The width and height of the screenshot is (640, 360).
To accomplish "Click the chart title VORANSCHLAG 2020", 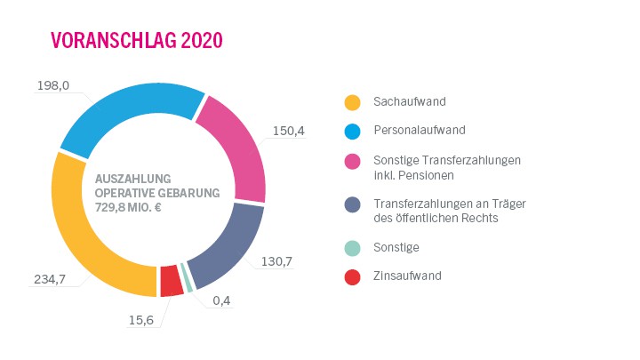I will (x=136, y=41).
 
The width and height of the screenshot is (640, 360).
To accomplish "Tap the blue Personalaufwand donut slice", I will (x=124, y=107).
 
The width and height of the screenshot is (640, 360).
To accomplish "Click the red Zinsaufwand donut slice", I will (x=171, y=281).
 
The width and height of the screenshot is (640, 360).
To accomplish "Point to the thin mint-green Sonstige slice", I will (x=187, y=277).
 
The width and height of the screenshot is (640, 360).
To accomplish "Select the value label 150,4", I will (x=289, y=131).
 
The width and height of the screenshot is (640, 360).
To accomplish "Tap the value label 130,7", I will (x=276, y=261).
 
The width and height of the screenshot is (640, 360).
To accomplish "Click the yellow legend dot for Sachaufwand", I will (x=353, y=102).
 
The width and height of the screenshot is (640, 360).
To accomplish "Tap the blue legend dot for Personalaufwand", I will (x=353, y=131).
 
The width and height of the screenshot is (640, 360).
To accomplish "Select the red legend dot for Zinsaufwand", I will (x=353, y=276).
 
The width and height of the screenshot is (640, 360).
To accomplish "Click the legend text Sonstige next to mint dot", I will (x=396, y=247).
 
